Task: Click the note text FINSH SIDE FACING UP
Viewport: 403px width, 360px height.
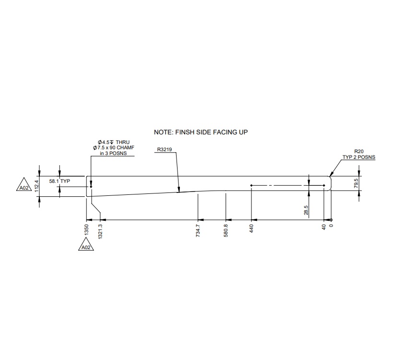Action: pos(201,132)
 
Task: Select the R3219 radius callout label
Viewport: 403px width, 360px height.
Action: pos(165,150)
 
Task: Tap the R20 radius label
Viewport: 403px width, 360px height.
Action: pos(358,151)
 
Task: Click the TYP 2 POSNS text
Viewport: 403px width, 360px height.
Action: pos(358,157)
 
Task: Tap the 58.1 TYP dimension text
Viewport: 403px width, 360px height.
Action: pos(59,181)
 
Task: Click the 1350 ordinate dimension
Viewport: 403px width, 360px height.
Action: pos(86,229)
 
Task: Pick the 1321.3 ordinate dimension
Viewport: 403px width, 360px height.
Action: pos(100,232)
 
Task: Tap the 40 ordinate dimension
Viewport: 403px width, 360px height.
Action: pos(324,227)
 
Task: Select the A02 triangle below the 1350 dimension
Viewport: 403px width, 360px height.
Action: pos(86,247)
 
